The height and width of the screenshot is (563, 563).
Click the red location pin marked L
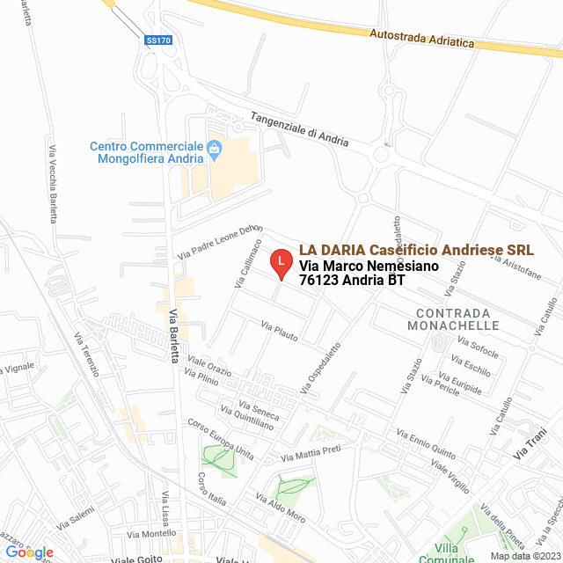(x=280, y=262)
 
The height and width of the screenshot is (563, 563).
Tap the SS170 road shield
(x=157, y=40)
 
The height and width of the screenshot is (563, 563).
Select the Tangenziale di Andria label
(x=299, y=129)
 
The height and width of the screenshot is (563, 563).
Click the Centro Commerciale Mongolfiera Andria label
(x=146, y=152)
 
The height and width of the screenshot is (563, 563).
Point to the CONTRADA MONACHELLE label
(x=454, y=319)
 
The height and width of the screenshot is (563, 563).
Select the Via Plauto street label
(x=279, y=332)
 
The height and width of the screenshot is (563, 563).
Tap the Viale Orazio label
(x=208, y=367)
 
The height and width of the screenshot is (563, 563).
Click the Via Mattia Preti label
(x=310, y=454)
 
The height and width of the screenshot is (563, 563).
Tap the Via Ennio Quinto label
(x=425, y=445)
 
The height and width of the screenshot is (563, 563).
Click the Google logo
(x=28, y=552)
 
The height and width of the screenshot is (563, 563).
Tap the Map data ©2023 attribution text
(x=523, y=556)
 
